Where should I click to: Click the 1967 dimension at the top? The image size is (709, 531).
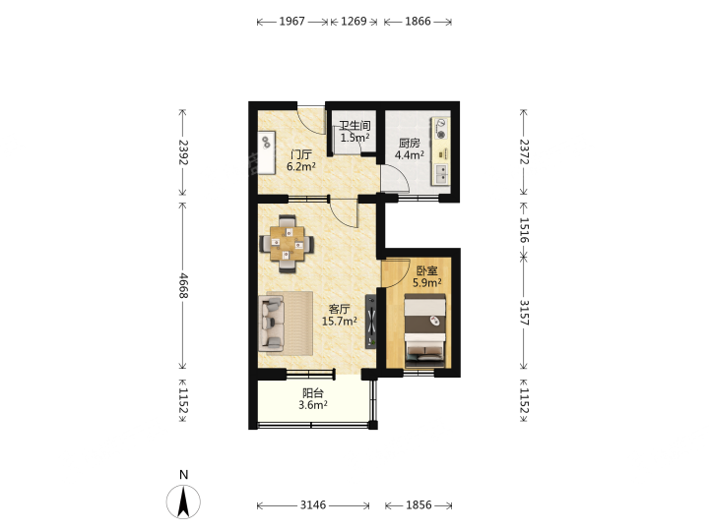[292, 22]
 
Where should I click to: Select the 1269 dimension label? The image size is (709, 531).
[354, 22]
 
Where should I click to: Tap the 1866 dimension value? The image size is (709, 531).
[418, 22]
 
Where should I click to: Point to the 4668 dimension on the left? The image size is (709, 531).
[183, 286]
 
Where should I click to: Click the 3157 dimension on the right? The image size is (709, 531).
[524, 313]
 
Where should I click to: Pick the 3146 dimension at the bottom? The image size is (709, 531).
[313, 504]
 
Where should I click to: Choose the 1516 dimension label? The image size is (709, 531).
[524, 230]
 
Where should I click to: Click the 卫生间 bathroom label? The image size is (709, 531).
[354, 126]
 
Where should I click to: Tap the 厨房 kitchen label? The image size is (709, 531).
[410, 144]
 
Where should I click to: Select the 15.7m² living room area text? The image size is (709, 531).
[340, 321]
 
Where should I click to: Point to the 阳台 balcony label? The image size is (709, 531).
[313, 392]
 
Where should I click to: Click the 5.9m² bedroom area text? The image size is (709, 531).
[427, 282]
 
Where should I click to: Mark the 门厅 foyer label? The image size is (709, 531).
[301, 155]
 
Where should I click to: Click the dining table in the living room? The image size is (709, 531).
[287, 244]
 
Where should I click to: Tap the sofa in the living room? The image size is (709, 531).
[272, 324]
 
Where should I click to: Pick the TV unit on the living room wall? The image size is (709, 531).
[371, 322]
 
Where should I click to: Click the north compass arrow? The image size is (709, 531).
[183, 502]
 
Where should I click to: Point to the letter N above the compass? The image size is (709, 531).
[183, 475]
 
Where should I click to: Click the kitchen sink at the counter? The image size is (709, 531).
[441, 174]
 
